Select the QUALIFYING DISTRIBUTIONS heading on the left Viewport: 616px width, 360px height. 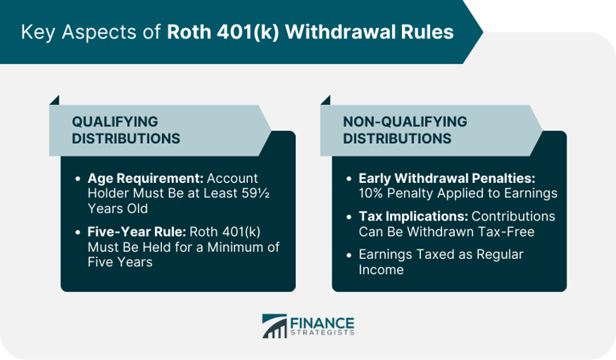click(x=126, y=130)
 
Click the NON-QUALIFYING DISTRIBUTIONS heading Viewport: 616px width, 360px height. click(x=404, y=130)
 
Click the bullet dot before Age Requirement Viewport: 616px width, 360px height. click(x=77, y=179)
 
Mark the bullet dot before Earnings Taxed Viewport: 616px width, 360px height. click(x=348, y=255)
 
